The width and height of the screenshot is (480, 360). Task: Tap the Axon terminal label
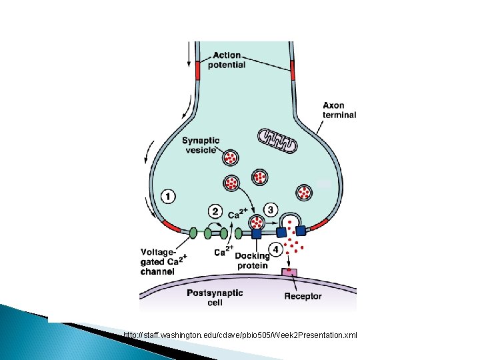(339, 109)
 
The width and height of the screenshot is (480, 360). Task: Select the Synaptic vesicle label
(201, 145)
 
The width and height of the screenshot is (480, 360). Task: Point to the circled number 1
(168, 197)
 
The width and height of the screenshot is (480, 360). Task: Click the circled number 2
(215, 211)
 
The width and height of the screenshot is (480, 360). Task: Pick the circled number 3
(271, 209)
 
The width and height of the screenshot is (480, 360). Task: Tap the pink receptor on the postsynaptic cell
(289, 273)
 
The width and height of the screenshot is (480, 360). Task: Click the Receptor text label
(303, 295)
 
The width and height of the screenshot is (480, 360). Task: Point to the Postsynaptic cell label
(215, 297)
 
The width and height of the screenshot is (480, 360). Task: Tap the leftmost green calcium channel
(193, 233)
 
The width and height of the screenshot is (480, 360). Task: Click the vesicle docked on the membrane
(256, 222)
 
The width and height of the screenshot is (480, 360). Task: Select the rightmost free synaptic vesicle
(304, 192)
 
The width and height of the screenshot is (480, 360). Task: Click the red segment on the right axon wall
(292, 71)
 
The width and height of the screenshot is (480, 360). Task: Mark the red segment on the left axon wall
(197, 71)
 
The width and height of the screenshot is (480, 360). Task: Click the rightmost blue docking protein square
(301, 231)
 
